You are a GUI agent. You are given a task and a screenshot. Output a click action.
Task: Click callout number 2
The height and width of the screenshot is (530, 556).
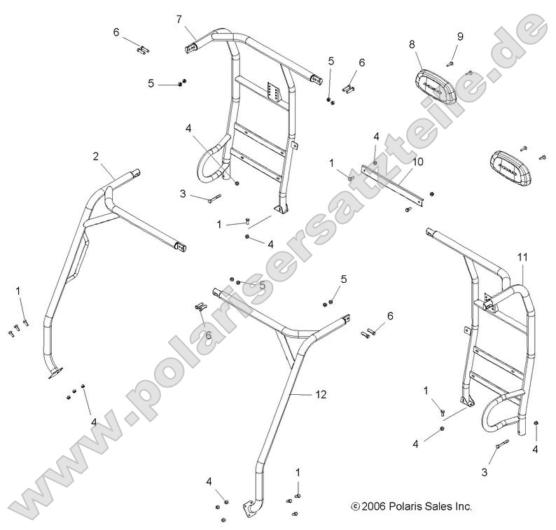pyautogui.click(x=95, y=156)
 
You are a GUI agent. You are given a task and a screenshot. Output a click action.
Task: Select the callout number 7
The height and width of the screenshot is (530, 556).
pyautogui.click(x=179, y=17)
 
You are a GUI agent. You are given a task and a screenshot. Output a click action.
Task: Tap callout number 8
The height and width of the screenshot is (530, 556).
pyautogui.click(x=412, y=43)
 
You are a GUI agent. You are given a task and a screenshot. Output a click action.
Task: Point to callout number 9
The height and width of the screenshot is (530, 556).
pyautogui.click(x=460, y=36)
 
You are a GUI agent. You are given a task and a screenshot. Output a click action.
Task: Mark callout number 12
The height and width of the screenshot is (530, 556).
pyautogui.click(x=321, y=396)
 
